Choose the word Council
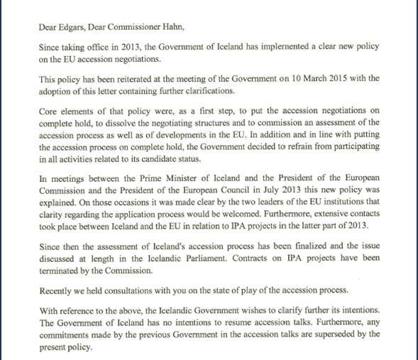click(233, 188)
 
